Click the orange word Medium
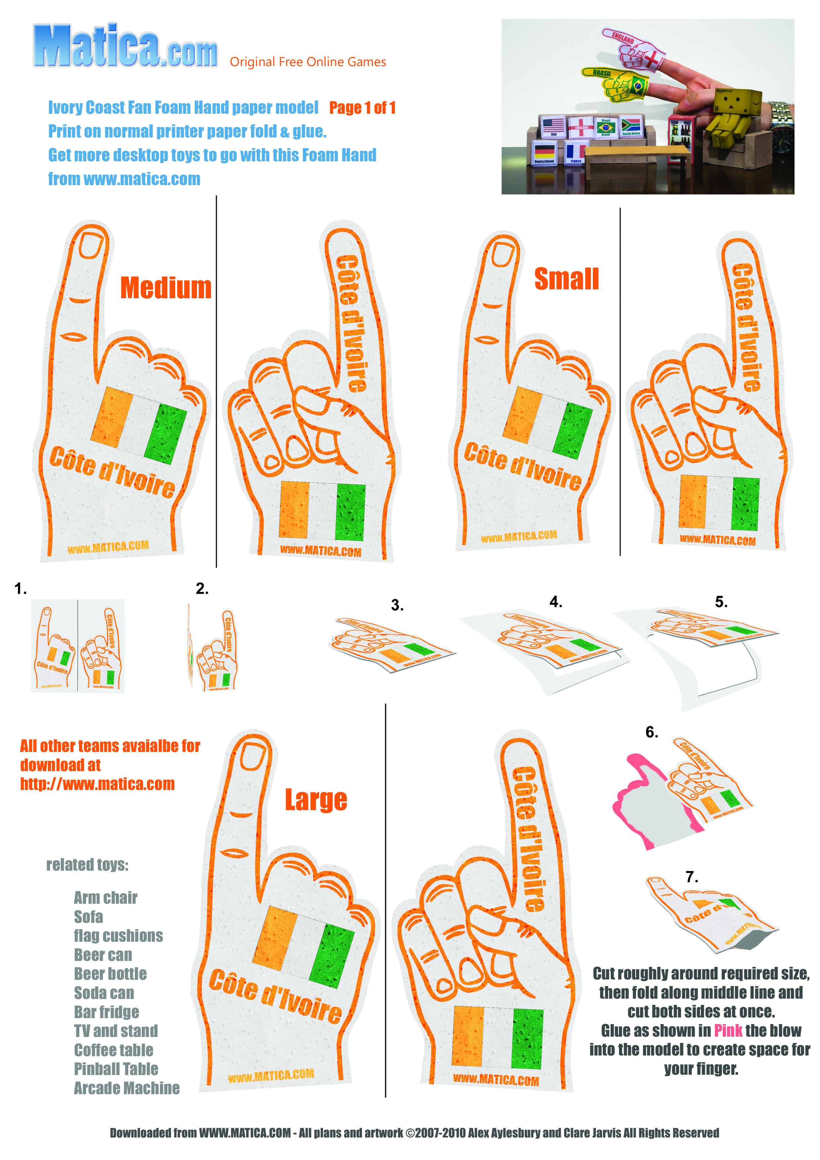pyautogui.click(x=166, y=288)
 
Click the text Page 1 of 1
pyautogui.click(x=362, y=107)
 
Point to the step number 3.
pyautogui.click(x=397, y=605)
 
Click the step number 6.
pyautogui.click(x=652, y=732)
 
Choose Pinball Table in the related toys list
pyautogui.click(x=116, y=1068)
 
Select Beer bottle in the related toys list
pyautogui.click(x=110, y=974)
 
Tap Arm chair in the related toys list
pyautogui.click(x=105, y=898)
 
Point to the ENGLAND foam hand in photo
pyautogui.click(x=633, y=50)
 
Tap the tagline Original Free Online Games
pyautogui.click(x=308, y=62)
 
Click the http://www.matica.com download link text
pyautogui.click(x=98, y=784)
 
